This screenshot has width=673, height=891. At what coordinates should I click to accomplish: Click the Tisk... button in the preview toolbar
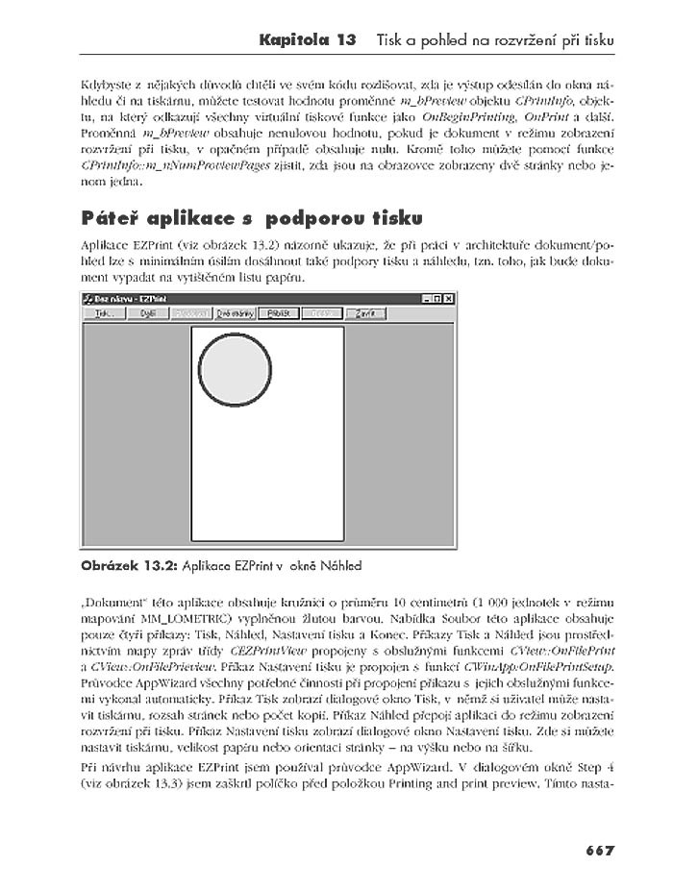(x=104, y=313)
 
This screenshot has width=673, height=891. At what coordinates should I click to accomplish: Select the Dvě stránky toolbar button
(x=235, y=313)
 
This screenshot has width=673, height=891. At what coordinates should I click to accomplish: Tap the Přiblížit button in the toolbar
(x=279, y=313)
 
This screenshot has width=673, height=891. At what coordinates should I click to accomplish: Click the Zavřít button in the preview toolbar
(x=365, y=313)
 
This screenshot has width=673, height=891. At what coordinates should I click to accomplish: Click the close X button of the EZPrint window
(x=449, y=299)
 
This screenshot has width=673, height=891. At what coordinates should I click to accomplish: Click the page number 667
(x=599, y=850)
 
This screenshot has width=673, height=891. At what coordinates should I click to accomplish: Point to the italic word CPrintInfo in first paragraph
(x=545, y=100)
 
